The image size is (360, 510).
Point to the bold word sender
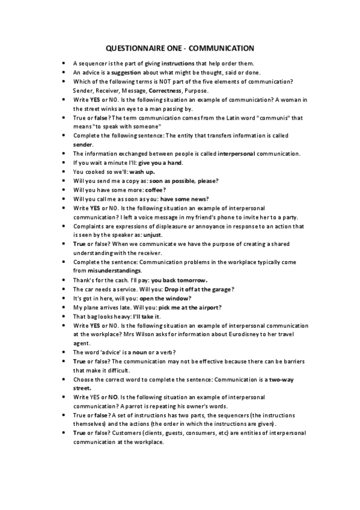pos(82,145)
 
